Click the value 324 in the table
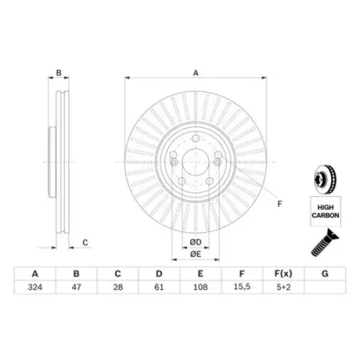[35, 287]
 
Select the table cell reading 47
[76, 287]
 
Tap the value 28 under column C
[118, 287]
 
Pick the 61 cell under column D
[159, 287]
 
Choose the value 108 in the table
[200, 287]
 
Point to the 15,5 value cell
[242, 287]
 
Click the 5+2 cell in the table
[284, 287]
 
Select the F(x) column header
[284, 274]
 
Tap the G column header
[325, 274]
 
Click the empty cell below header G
[325, 287]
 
